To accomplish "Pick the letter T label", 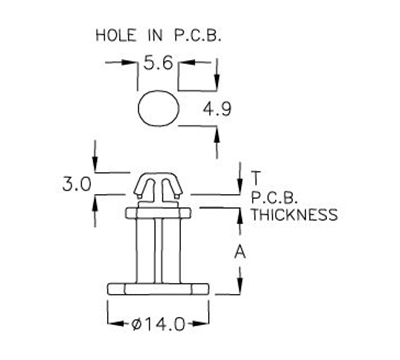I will click(256, 172).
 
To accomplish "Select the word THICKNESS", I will click(295, 214).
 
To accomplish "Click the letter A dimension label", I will click(240, 253).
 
